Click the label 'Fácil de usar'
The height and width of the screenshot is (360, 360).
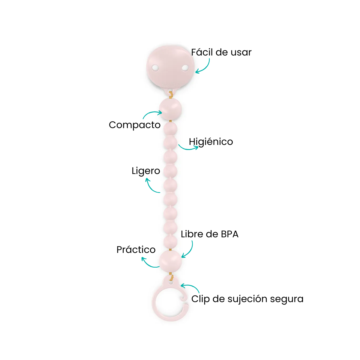(x=221, y=52)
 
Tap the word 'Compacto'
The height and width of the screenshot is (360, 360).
(x=134, y=125)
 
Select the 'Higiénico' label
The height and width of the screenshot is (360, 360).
(x=211, y=142)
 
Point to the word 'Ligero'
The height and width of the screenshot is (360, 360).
(x=146, y=171)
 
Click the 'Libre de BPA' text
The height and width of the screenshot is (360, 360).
(x=210, y=234)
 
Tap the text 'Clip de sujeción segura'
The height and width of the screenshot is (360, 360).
(x=247, y=299)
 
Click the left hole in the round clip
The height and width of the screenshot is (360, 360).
(x=155, y=68)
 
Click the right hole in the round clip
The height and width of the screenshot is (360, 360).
(x=185, y=68)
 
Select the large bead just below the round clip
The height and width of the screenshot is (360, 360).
(x=170, y=109)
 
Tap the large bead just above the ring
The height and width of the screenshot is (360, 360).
(x=170, y=261)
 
